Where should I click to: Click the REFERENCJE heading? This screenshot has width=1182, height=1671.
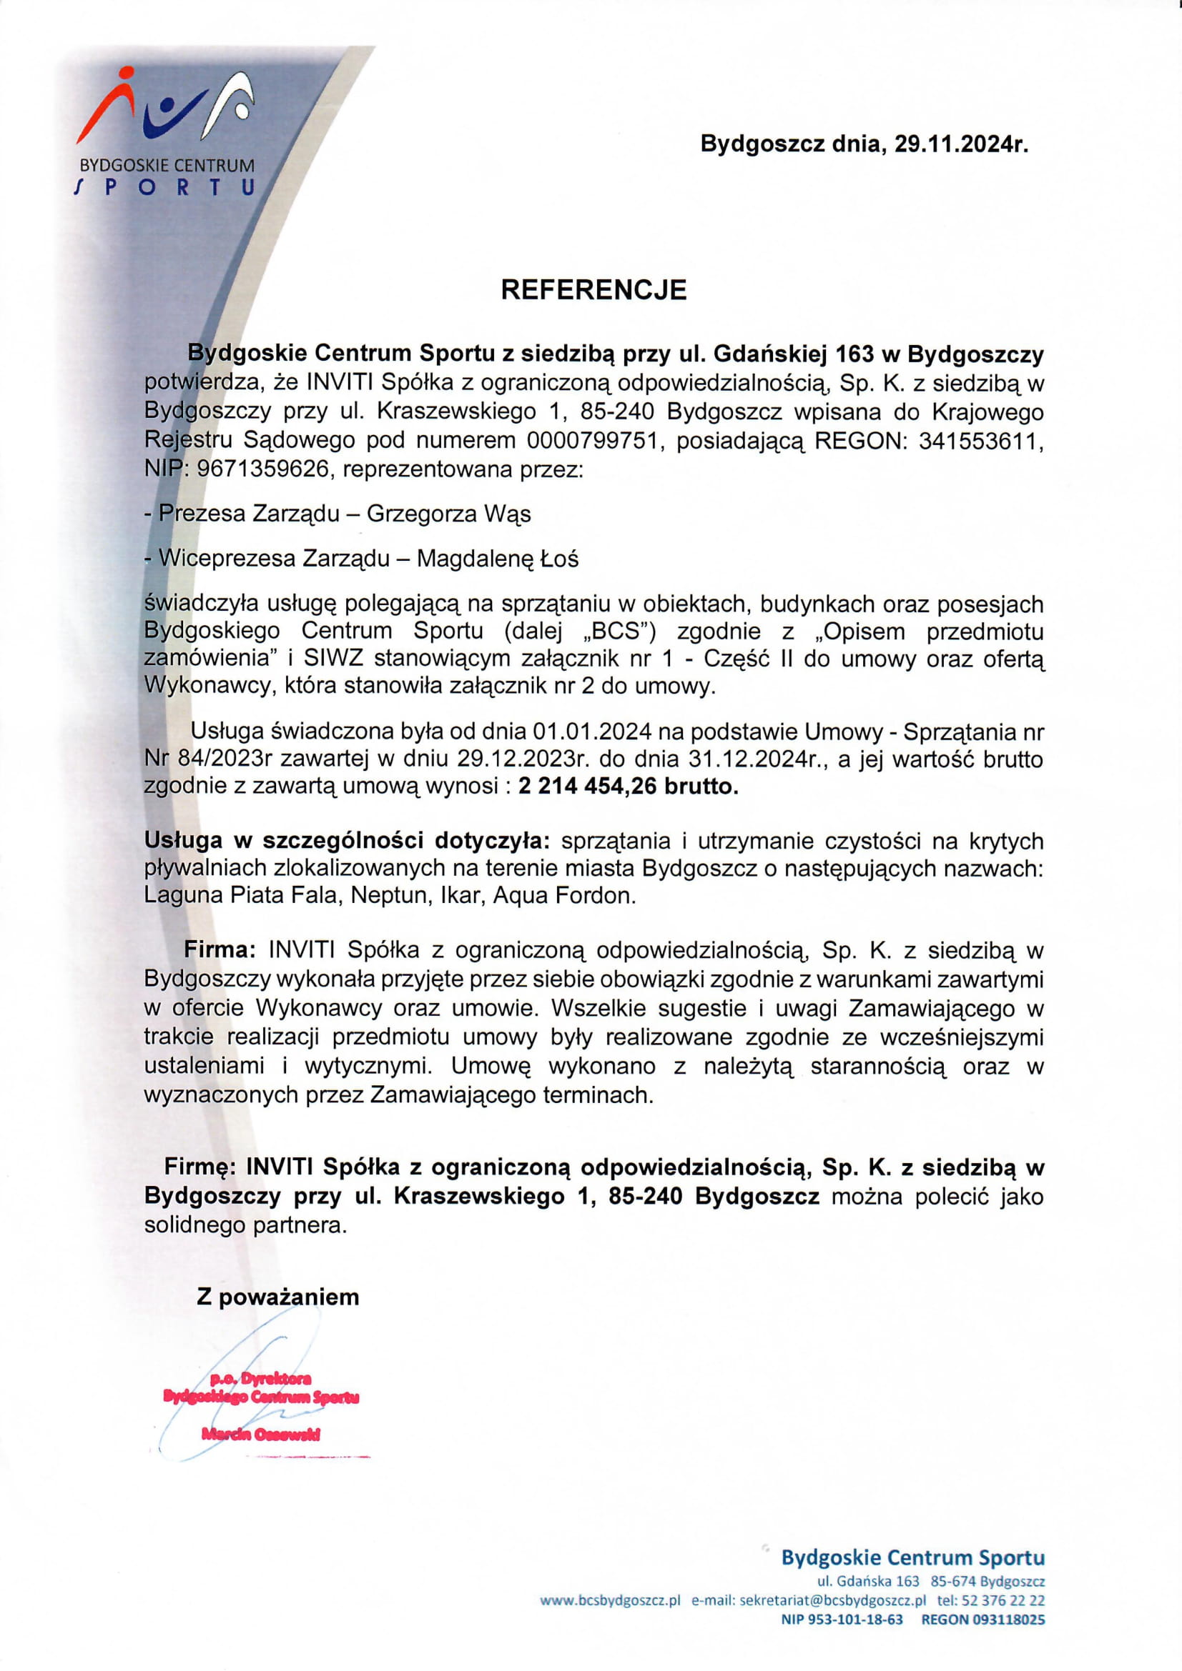(x=593, y=289)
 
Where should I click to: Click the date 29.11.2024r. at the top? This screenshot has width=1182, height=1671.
(x=960, y=144)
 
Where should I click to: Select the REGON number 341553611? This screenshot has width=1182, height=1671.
(x=980, y=440)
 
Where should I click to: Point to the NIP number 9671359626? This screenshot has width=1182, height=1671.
(x=263, y=469)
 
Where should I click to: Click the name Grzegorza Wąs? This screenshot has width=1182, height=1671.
(x=448, y=514)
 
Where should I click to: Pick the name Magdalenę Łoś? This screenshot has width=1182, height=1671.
(x=498, y=558)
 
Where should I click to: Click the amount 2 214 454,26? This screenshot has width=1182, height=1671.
(x=588, y=787)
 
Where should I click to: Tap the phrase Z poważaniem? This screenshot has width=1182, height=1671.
(x=277, y=1297)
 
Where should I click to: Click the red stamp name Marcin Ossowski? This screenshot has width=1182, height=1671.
(x=261, y=1435)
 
